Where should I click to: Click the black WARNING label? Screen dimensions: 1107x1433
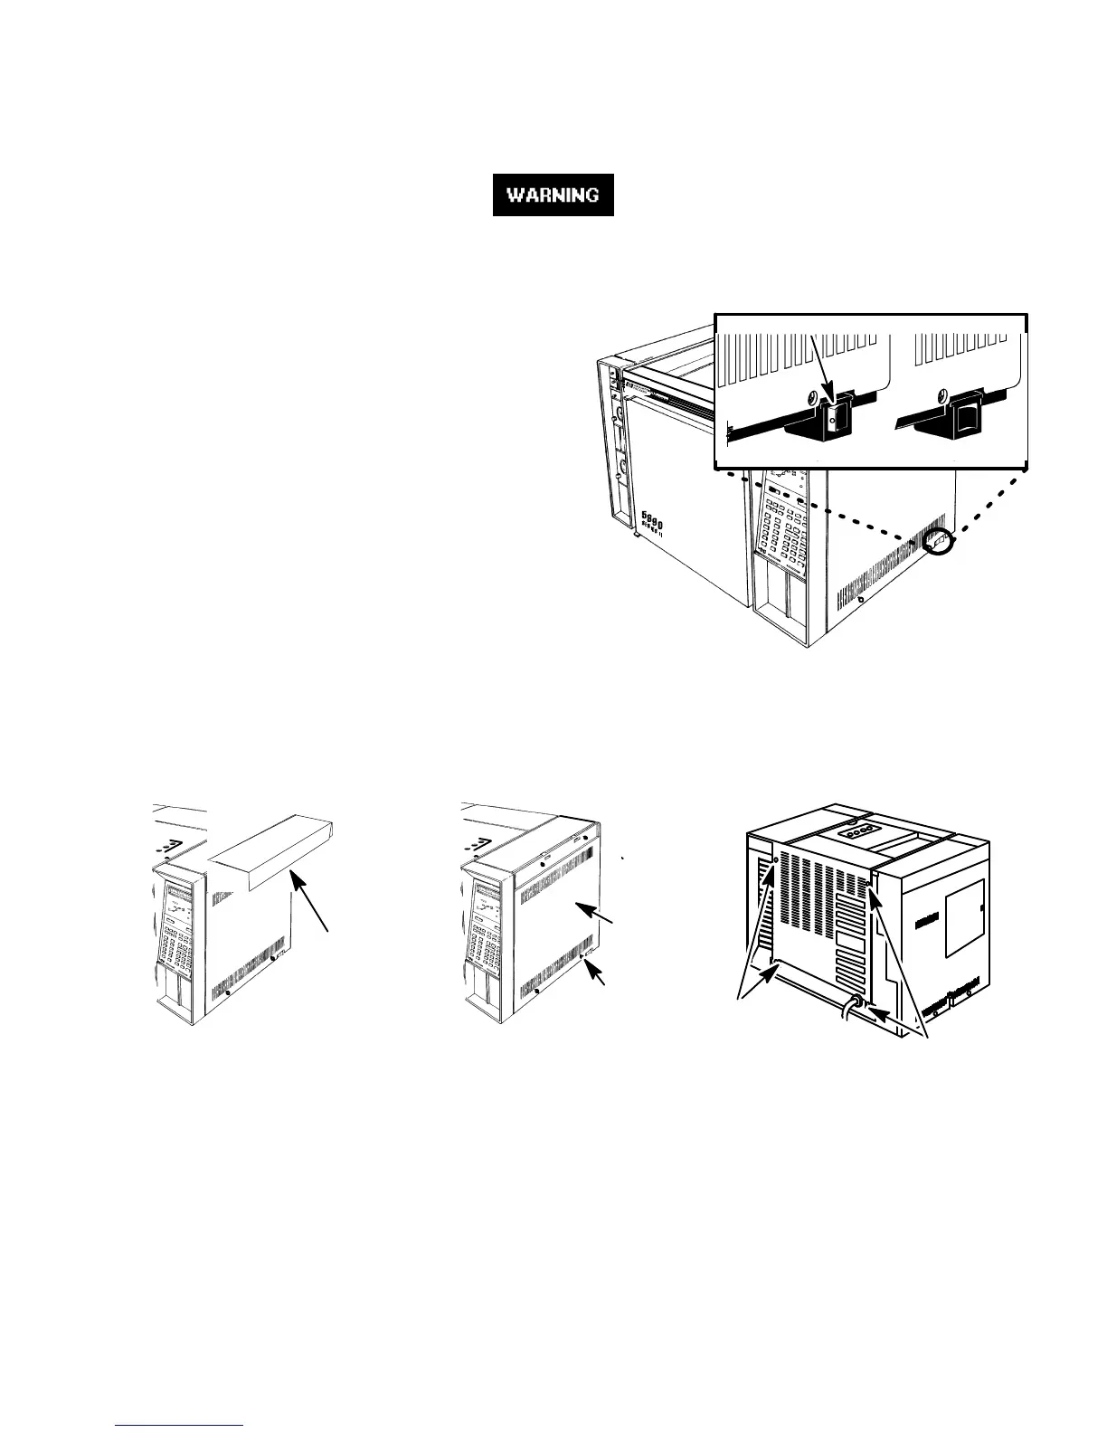click(x=553, y=195)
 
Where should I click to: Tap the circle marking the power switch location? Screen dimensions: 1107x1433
click(x=941, y=543)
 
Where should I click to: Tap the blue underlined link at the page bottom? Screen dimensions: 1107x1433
click(x=181, y=1424)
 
